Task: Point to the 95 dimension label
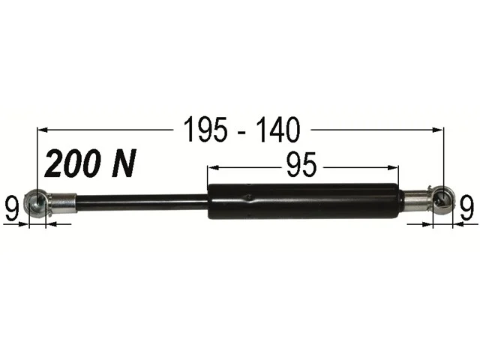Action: (x=301, y=165)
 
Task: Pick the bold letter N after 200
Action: (x=124, y=163)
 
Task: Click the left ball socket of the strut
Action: (x=35, y=202)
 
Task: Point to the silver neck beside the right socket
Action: (x=413, y=199)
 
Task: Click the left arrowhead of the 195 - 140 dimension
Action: (x=41, y=130)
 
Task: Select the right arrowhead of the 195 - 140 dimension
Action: (x=439, y=130)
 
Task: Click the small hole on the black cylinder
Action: (x=248, y=198)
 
